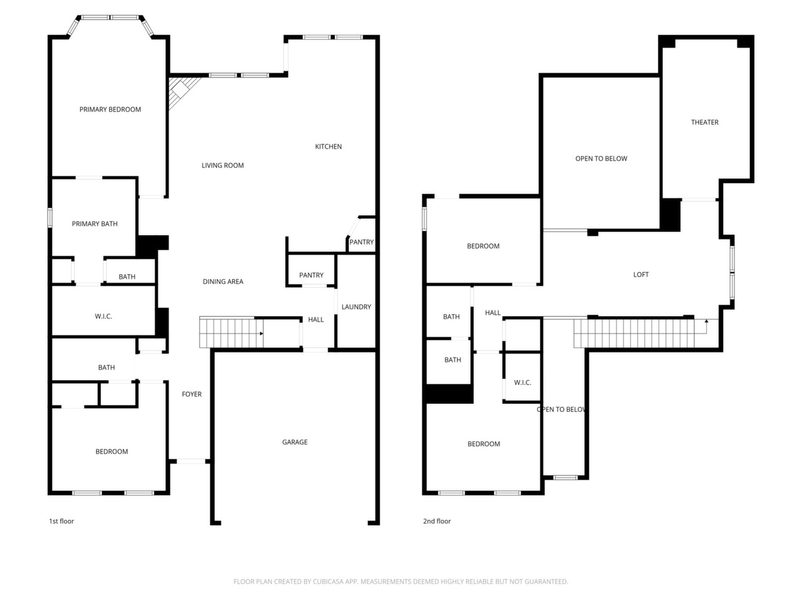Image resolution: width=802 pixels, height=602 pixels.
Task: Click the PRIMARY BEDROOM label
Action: coord(110,109)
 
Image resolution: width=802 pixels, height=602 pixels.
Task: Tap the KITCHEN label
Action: coord(328,147)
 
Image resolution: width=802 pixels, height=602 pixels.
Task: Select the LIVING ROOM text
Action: coord(222,166)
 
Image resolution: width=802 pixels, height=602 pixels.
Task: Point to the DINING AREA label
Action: coord(223,282)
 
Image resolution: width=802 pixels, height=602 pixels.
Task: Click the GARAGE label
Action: coord(294,442)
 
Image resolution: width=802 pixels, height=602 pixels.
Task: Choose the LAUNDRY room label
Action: coord(356,307)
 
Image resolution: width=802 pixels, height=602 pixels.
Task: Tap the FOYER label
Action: coord(192,394)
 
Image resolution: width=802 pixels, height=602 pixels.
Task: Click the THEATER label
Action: coord(704,122)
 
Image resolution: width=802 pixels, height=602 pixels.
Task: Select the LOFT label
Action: coord(641,275)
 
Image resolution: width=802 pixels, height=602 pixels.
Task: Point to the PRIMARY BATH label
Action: coord(95,224)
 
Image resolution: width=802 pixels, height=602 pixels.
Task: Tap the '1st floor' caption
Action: coord(61,521)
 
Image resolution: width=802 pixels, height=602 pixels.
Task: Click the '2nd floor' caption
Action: coord(437,521)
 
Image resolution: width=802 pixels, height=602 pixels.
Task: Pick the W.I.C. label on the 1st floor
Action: coord(103,317)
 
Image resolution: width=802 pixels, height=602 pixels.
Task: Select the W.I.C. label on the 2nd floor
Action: coord(523,383)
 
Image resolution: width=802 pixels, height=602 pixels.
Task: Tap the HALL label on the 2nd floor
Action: coord(492,312)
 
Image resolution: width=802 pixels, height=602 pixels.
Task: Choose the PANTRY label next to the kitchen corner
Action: coord(362,242)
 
